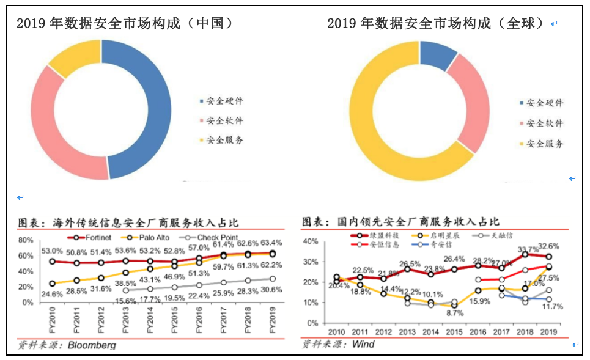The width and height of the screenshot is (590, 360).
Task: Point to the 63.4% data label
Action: (x=270, y=243)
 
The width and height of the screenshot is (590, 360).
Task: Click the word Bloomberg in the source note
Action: (x=91, y=345)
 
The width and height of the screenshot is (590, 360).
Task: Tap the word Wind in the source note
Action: (x=363, y=345)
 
